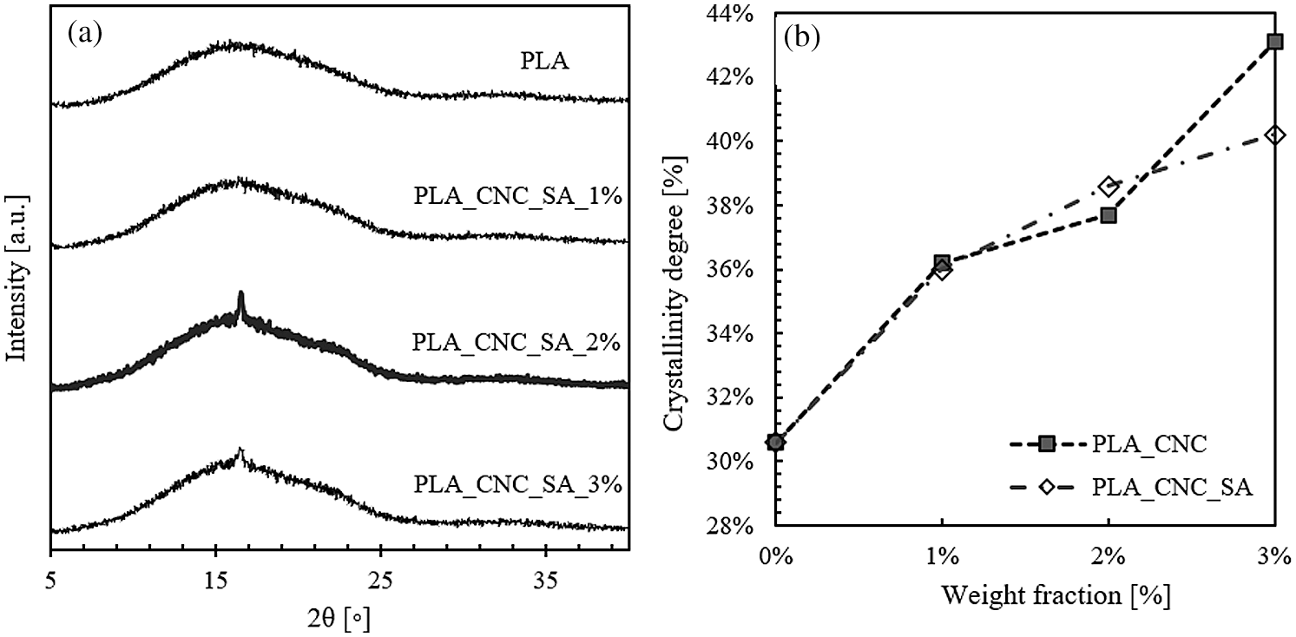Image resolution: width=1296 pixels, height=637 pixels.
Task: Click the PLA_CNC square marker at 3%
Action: [x=1274, y=42]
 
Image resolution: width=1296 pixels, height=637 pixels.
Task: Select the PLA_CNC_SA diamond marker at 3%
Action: [x=1274, y=135]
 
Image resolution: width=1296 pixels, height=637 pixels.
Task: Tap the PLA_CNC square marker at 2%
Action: [x=1109, y=214]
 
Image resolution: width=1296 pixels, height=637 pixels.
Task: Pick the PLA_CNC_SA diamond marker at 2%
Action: [x=1109, y=187]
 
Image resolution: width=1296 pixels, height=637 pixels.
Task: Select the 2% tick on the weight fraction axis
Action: [x=1109, y=555]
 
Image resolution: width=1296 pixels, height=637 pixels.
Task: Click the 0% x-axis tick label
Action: [x=776, y=555]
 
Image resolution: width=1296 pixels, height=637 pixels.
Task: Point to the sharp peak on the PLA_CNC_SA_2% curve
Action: [x=240, y=297]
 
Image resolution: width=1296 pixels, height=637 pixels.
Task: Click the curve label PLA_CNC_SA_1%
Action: [x=516, y=195]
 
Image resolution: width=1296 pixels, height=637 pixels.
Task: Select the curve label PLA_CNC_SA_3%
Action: [x=517, y=483]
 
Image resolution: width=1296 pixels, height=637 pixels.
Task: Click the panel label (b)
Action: [x=803, y=35]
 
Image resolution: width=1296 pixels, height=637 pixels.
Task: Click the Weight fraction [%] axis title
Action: [x=1024, y=595]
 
